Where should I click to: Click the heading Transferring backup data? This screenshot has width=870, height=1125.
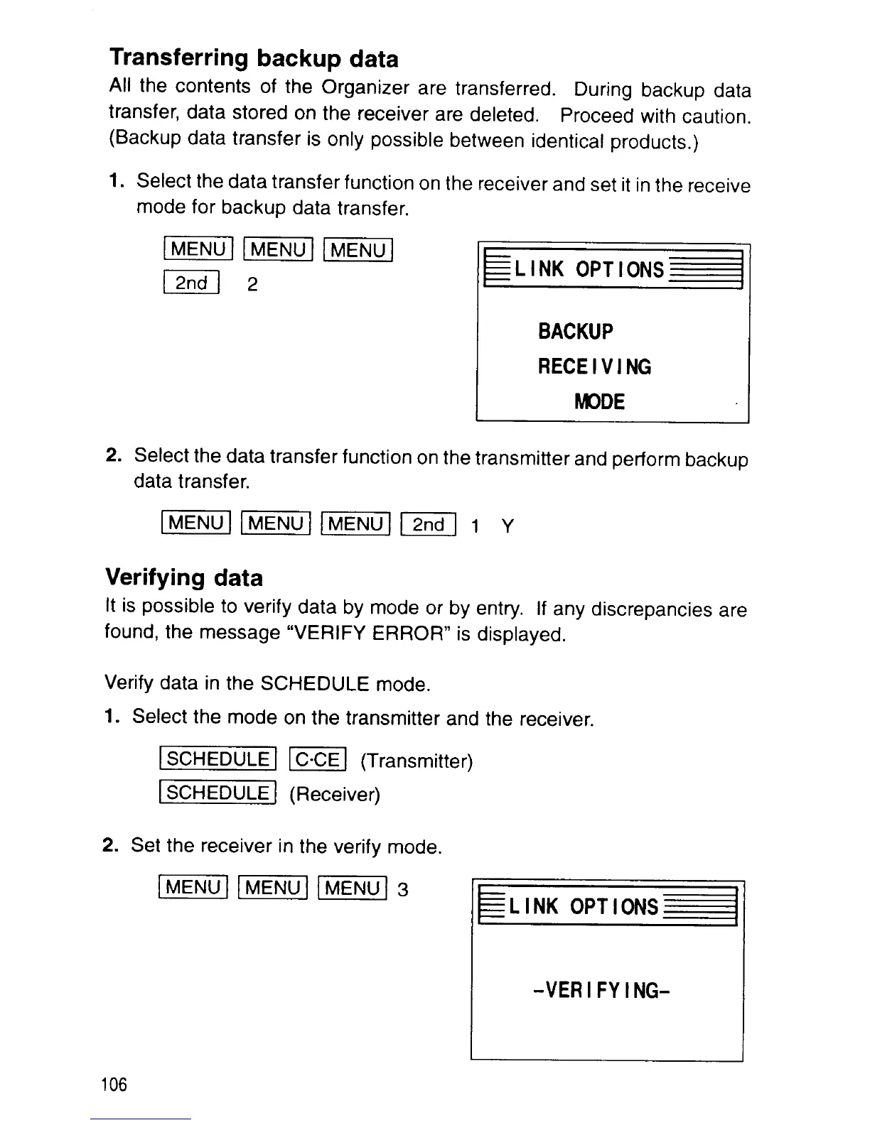coord(254,58)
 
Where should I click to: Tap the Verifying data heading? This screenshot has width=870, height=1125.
coord(184,577)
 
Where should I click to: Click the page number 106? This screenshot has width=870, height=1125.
coord(114,1085)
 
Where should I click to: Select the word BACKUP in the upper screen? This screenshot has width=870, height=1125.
coord(575,332)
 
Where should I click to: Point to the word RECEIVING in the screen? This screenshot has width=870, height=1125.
coord(594,367)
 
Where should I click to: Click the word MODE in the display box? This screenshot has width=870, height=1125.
coord(600,402)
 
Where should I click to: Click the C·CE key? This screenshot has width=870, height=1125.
coord(318,760)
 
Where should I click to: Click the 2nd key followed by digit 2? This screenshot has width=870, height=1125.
coord(192,283)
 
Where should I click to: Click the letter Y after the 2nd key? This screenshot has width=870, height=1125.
coord(507,526)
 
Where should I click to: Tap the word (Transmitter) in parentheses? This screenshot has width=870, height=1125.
coord(417,762)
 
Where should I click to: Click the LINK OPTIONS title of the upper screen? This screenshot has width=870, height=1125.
coord(589,270)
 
